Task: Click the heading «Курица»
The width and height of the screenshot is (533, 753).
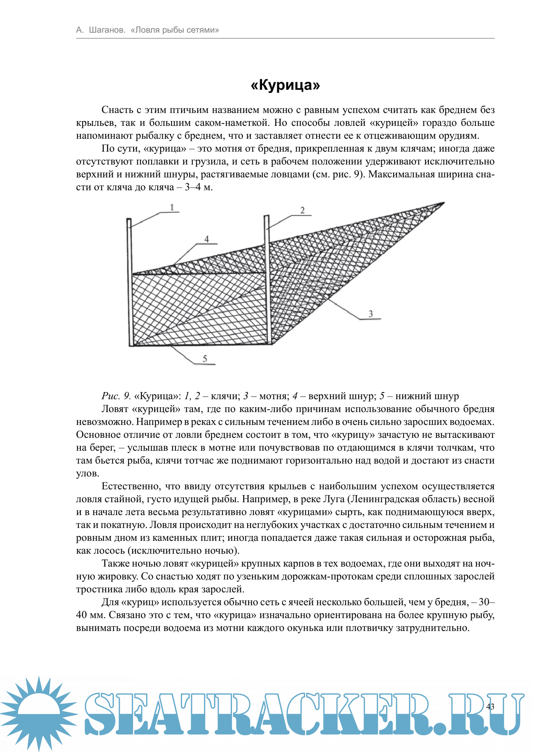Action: click(x=285, y=85)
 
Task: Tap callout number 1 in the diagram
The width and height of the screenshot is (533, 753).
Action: click(x=172, y=207)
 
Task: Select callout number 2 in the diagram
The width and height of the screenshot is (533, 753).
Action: click(x=302, y=210)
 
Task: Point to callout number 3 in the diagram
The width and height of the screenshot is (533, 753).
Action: click(x=371, y=314)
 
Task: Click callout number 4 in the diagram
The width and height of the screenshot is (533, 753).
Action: click(x=207, y=239)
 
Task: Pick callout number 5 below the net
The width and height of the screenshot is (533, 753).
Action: click(x=205, y=358)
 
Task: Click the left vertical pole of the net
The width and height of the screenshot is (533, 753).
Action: click(x=130, y=282)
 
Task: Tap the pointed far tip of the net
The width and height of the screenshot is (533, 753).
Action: click(x=443, y=203)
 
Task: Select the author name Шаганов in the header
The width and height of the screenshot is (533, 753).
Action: click(x=107, y=30)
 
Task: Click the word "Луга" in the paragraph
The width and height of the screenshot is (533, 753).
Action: click(x=334, y=499)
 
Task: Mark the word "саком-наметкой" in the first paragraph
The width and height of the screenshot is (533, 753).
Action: click(x=232, y=123)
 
